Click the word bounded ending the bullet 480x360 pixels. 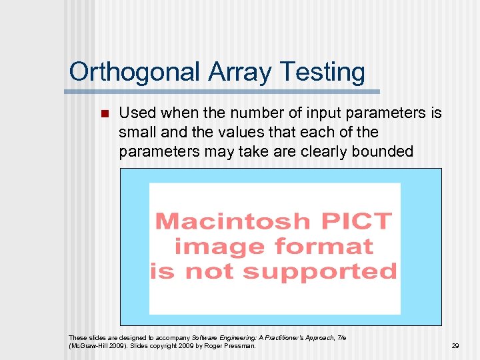385,152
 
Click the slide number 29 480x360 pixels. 455,346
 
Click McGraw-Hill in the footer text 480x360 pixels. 87,346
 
